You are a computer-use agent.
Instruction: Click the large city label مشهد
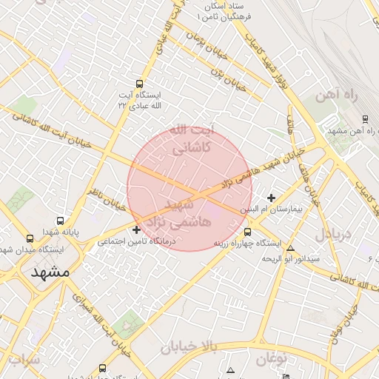50,272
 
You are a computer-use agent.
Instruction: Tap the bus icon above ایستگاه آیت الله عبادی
140,84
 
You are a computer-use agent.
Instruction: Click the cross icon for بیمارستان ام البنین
272,198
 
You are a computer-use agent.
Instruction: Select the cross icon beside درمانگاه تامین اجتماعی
136,229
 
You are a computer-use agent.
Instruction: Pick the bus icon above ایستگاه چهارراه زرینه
247,232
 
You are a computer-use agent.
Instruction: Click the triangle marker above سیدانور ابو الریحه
291,249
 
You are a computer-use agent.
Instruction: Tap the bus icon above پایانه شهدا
61,221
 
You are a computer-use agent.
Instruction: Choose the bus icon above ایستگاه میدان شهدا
30,238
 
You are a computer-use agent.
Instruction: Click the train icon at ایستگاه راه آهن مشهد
365,118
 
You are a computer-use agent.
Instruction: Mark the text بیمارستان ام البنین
275,209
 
